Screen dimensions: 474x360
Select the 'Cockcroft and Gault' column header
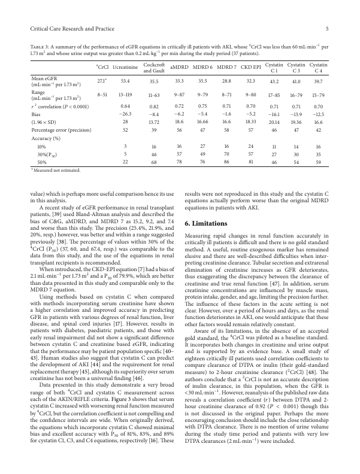click(x=154, y=67)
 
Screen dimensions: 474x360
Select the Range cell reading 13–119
click(x=126, y=94)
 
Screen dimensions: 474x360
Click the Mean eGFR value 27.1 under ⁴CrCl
click(x=101, y=80)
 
